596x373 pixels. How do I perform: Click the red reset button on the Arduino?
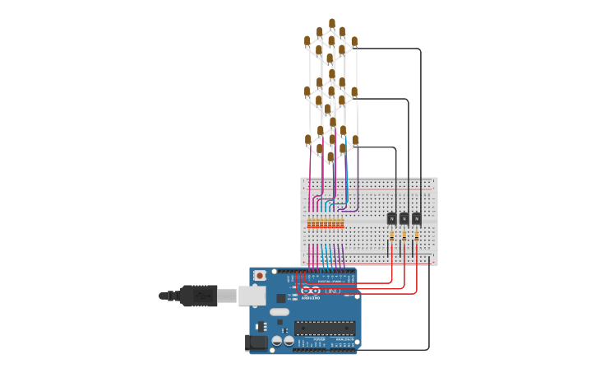click(260, 275)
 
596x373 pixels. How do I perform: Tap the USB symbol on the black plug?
click(200, 295)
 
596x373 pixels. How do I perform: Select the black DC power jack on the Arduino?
click(256, 342)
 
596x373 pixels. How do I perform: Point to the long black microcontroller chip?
click(325, 328)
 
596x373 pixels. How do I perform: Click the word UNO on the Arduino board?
click(332, 291)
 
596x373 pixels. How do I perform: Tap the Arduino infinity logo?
click(311, 291)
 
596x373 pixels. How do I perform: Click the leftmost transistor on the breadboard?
click(391, 218)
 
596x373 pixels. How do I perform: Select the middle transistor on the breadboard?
click(404, 218)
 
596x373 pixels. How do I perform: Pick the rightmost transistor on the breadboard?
click(416, 218)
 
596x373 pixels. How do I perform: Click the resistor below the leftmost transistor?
click(391, 235)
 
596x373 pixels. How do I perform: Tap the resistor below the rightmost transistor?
click(416, 235)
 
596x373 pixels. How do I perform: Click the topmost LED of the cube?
click(332, 24)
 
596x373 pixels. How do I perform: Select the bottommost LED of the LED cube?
click(330, 156)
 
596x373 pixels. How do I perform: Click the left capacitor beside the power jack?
click(277, 340)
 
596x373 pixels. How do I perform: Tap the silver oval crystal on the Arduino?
click(279, 312)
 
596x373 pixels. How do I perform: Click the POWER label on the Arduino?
click(318, 339)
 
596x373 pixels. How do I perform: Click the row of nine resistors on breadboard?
click(326, 223)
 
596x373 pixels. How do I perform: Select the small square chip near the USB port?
click(280, 297)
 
